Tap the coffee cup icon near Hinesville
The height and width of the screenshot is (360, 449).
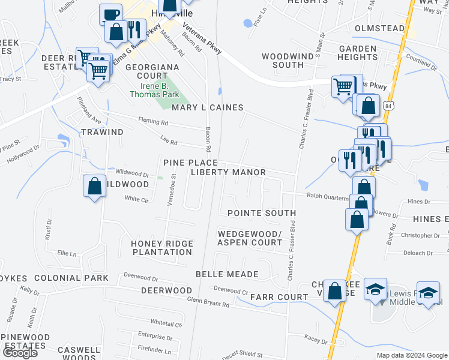[x=110, y=14]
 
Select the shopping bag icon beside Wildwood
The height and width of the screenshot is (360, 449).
[x=95, y=185]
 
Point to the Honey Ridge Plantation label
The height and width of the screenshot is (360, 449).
[x=162, y=248]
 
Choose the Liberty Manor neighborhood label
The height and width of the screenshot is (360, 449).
[x=228, y=172]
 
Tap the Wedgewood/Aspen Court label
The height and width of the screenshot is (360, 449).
[x=250, y=238]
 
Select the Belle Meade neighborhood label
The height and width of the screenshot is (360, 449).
[x=227, y=274]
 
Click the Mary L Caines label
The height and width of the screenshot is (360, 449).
[x=207, y=107]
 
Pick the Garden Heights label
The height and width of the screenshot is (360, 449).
[x=358, y=53]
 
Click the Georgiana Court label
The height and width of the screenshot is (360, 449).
[x=146, y=72]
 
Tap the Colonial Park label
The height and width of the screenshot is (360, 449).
[x=71, y=278]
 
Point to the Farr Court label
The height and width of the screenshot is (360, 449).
[x=279, y=297]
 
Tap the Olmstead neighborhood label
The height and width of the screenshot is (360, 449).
[x=379, y=28]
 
